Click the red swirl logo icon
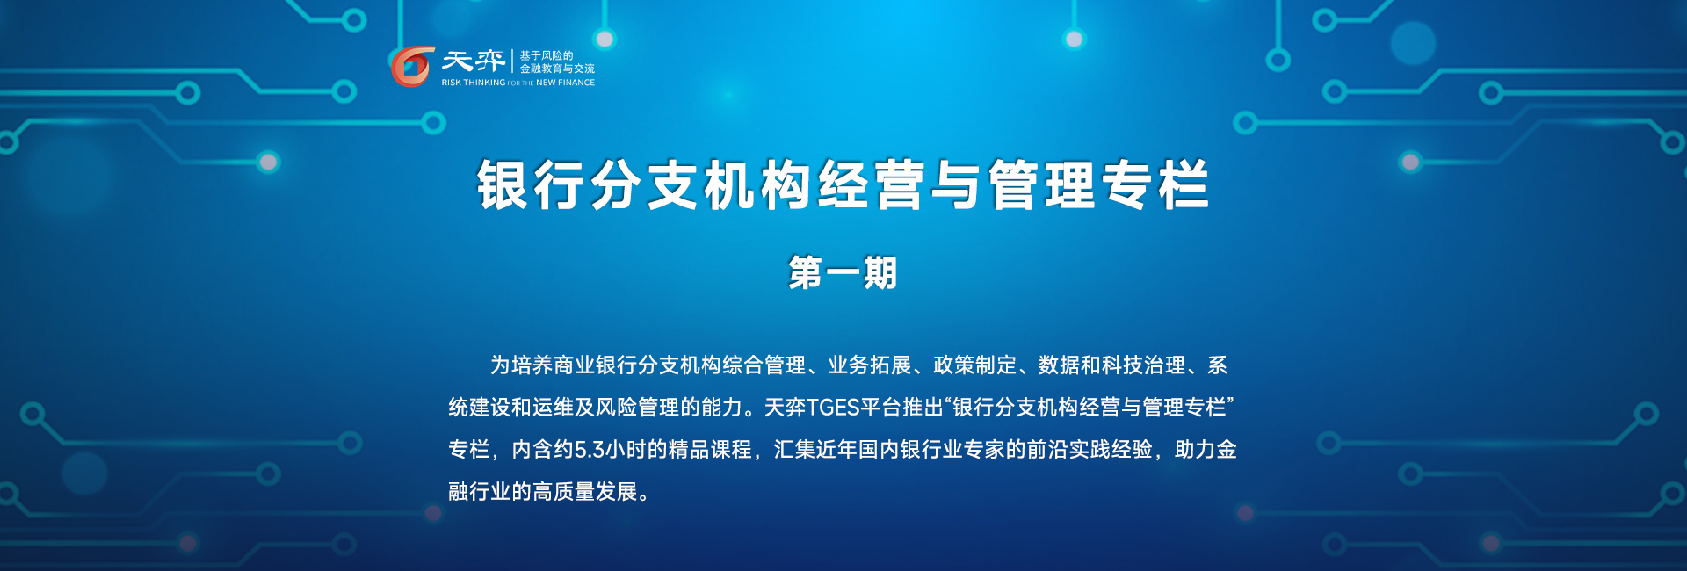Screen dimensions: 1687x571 [x=412, y=67]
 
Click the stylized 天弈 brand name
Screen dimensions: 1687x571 [x=474, y=61]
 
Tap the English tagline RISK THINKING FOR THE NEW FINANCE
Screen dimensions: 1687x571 [x=518, y=83]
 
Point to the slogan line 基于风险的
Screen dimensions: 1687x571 [x=547, y=55]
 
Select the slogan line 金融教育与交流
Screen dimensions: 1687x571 [x=557, y=69]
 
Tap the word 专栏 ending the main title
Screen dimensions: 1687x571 [x=1157, y=184]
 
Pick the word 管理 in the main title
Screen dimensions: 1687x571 [x=1043, y=184]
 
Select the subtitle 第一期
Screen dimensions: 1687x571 [x=843, y=272]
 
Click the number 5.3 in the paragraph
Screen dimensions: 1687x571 [x=590, y=450]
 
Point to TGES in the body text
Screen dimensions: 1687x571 [x=833, y=408]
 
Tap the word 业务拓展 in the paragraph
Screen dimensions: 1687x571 [x=870, y=365]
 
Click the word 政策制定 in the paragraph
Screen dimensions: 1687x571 [x=975, y=365]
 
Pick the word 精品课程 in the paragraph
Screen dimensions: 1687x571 [x=710, y=450]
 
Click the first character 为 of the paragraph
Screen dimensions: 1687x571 [x=501, y=365]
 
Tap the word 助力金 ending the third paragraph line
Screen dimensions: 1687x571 [x=1206, y=450]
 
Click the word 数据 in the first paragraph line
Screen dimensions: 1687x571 [x=1060, y=365]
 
